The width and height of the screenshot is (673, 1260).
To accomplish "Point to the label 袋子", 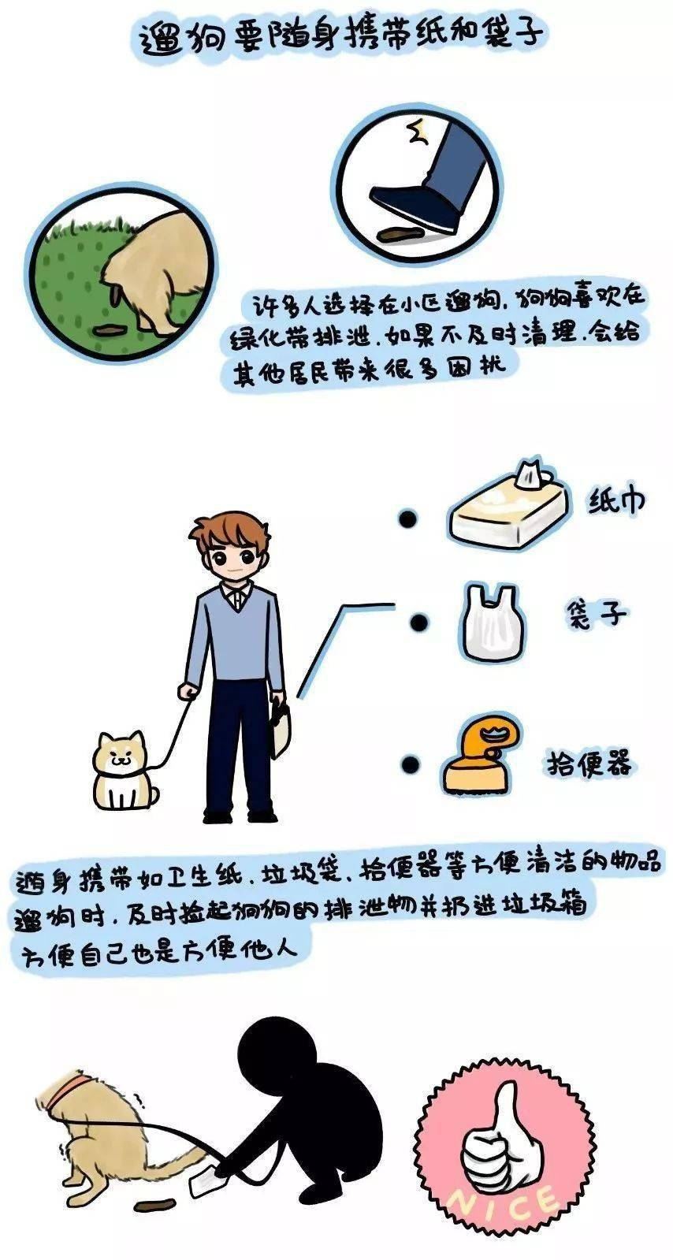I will coord(596,613).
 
